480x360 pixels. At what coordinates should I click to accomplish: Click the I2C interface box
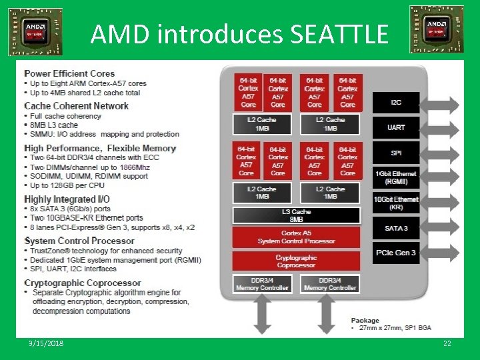(x=396, y=102)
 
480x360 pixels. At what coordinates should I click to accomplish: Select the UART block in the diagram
(x=396, y=127)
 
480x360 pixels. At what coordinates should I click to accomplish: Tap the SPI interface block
(x=396, y=153)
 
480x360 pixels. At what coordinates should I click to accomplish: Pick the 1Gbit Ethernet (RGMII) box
(x=396, y=178)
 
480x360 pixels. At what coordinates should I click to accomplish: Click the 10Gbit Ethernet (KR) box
(x=396, y=203)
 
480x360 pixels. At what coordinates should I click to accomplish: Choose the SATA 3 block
(x=396, y=228)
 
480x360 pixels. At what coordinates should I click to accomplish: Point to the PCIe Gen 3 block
(x=396, y=253)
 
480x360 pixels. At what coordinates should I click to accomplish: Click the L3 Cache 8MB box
(x=296, y=215)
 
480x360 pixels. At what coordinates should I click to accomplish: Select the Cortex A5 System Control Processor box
(x=296, y=237)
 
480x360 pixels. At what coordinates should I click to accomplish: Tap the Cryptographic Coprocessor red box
(x=296, y=261)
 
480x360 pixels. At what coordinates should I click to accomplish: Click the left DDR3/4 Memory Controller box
(x=262, y=284)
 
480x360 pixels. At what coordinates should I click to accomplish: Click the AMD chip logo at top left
(x=35, y=31)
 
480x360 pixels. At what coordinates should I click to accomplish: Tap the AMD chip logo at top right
(x=437, y=29)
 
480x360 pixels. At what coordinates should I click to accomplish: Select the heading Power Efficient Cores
(x=69, y=73)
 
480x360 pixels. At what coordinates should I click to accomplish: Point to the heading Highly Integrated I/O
(x=67, y=199)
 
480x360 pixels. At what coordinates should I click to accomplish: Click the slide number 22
(x=447, y=343)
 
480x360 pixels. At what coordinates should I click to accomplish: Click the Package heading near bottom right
(x=365, y=321)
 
